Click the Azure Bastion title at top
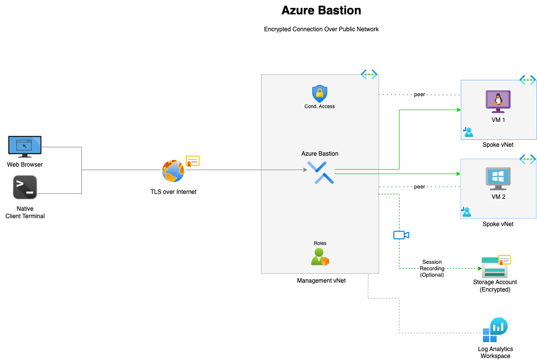pos(321,10)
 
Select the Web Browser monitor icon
pos(25,146)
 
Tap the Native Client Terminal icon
pos(25,187)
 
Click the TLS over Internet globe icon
pos(173,171)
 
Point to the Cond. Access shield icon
pos(320,94)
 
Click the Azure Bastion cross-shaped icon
pos(321,173)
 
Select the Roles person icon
pos(319,257)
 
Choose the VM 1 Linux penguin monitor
pos(498,102)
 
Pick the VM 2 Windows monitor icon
pos(498,179)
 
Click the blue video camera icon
pos(401,235)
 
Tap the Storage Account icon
pos(494,267)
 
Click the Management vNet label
pos(321,281)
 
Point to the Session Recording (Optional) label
pos(432,268)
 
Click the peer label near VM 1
pos(419,94)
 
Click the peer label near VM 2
pos(419,187)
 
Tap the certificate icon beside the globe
pos(193,161)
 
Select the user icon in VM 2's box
pos(467,212)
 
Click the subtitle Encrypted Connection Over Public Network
pos(321,29)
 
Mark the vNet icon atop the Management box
pos(369,75)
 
